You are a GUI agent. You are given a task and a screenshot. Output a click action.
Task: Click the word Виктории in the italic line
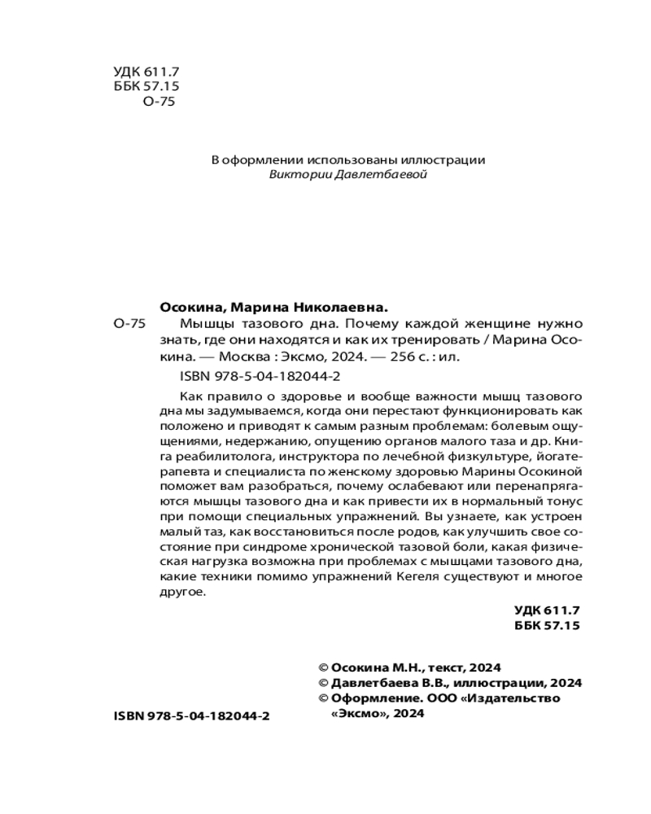click(x=299, y=175)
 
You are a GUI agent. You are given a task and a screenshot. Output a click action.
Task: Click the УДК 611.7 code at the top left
click(x=144, y=72)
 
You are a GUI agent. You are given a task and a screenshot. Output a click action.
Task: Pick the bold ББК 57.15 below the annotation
click(x=548, y=625)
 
